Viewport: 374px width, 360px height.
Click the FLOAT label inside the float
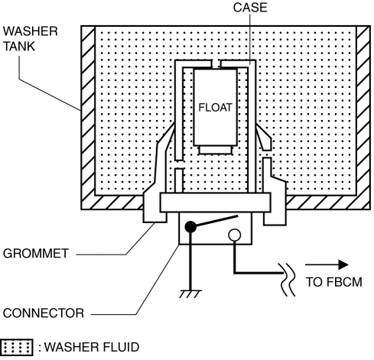pyautogui.click(x=216, y=108)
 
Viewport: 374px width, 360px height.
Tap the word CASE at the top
pyautogui.click(x=250, y=8)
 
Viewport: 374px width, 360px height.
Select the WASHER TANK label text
pyautogui.click(x=31, y=39)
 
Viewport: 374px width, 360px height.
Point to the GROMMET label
pyautogui.click(x=36, y=253)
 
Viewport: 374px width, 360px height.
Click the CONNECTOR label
pyautogui.click(x=44, y=313)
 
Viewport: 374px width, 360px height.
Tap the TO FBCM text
pyautogui.click(x=334, y=282)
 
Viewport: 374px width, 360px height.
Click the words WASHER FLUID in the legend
pyautogui.click(x=92, y=347)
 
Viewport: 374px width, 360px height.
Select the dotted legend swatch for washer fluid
pyautogui.click(x=17, y=347)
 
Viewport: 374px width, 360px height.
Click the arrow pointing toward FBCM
pyautogui.click(x=327, y=264)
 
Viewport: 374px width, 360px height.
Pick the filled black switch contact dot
pyautogui.click(x=190, y=227)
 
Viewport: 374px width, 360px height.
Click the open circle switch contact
pyautogui.click(x=235, y=235)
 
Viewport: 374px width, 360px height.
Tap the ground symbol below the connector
pyautogui.click(x=190, y=294)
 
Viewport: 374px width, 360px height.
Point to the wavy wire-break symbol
pyautogui.click(x=288, y=280)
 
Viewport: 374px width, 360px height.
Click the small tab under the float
pyautogui.click(x=216, y=150)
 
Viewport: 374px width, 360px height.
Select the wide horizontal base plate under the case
pyautogui.click(x=215, y=203)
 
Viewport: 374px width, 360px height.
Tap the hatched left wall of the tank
pyautogui.click(x=88, y=118)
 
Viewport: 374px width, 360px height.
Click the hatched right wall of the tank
pyautogui.click(x=363, y=118)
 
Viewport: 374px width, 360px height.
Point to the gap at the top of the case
pyautogui.click(x=216, y=63)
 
